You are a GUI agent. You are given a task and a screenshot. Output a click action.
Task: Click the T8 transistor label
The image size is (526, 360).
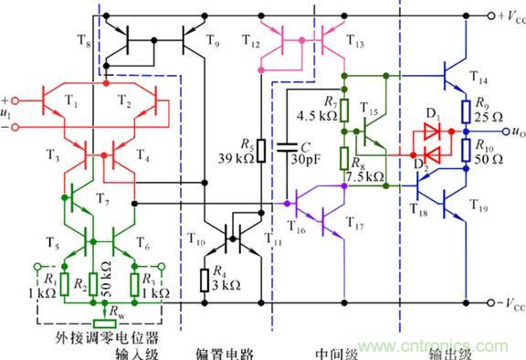[85, 43]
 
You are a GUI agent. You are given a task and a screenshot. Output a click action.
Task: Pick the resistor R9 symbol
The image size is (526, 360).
[465, 111]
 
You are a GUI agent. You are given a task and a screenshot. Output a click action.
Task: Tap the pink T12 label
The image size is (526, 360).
[251, 42]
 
